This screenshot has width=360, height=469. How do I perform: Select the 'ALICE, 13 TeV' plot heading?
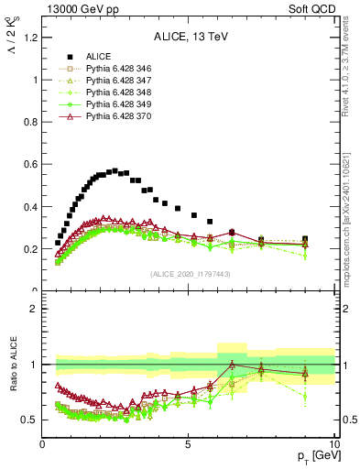pos(189,38)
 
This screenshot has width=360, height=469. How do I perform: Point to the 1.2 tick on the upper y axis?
pos(31,38)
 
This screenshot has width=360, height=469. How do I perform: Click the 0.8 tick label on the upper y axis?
pos(31,122)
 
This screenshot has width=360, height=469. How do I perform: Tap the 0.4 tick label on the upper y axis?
pos(31,207)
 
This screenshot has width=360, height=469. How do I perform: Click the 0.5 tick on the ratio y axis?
pos(31,420)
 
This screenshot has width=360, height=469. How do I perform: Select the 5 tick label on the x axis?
pos(188,445)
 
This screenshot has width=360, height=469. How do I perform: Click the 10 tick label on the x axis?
pos(333,445)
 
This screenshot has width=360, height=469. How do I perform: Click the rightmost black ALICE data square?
pos(305,239)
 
